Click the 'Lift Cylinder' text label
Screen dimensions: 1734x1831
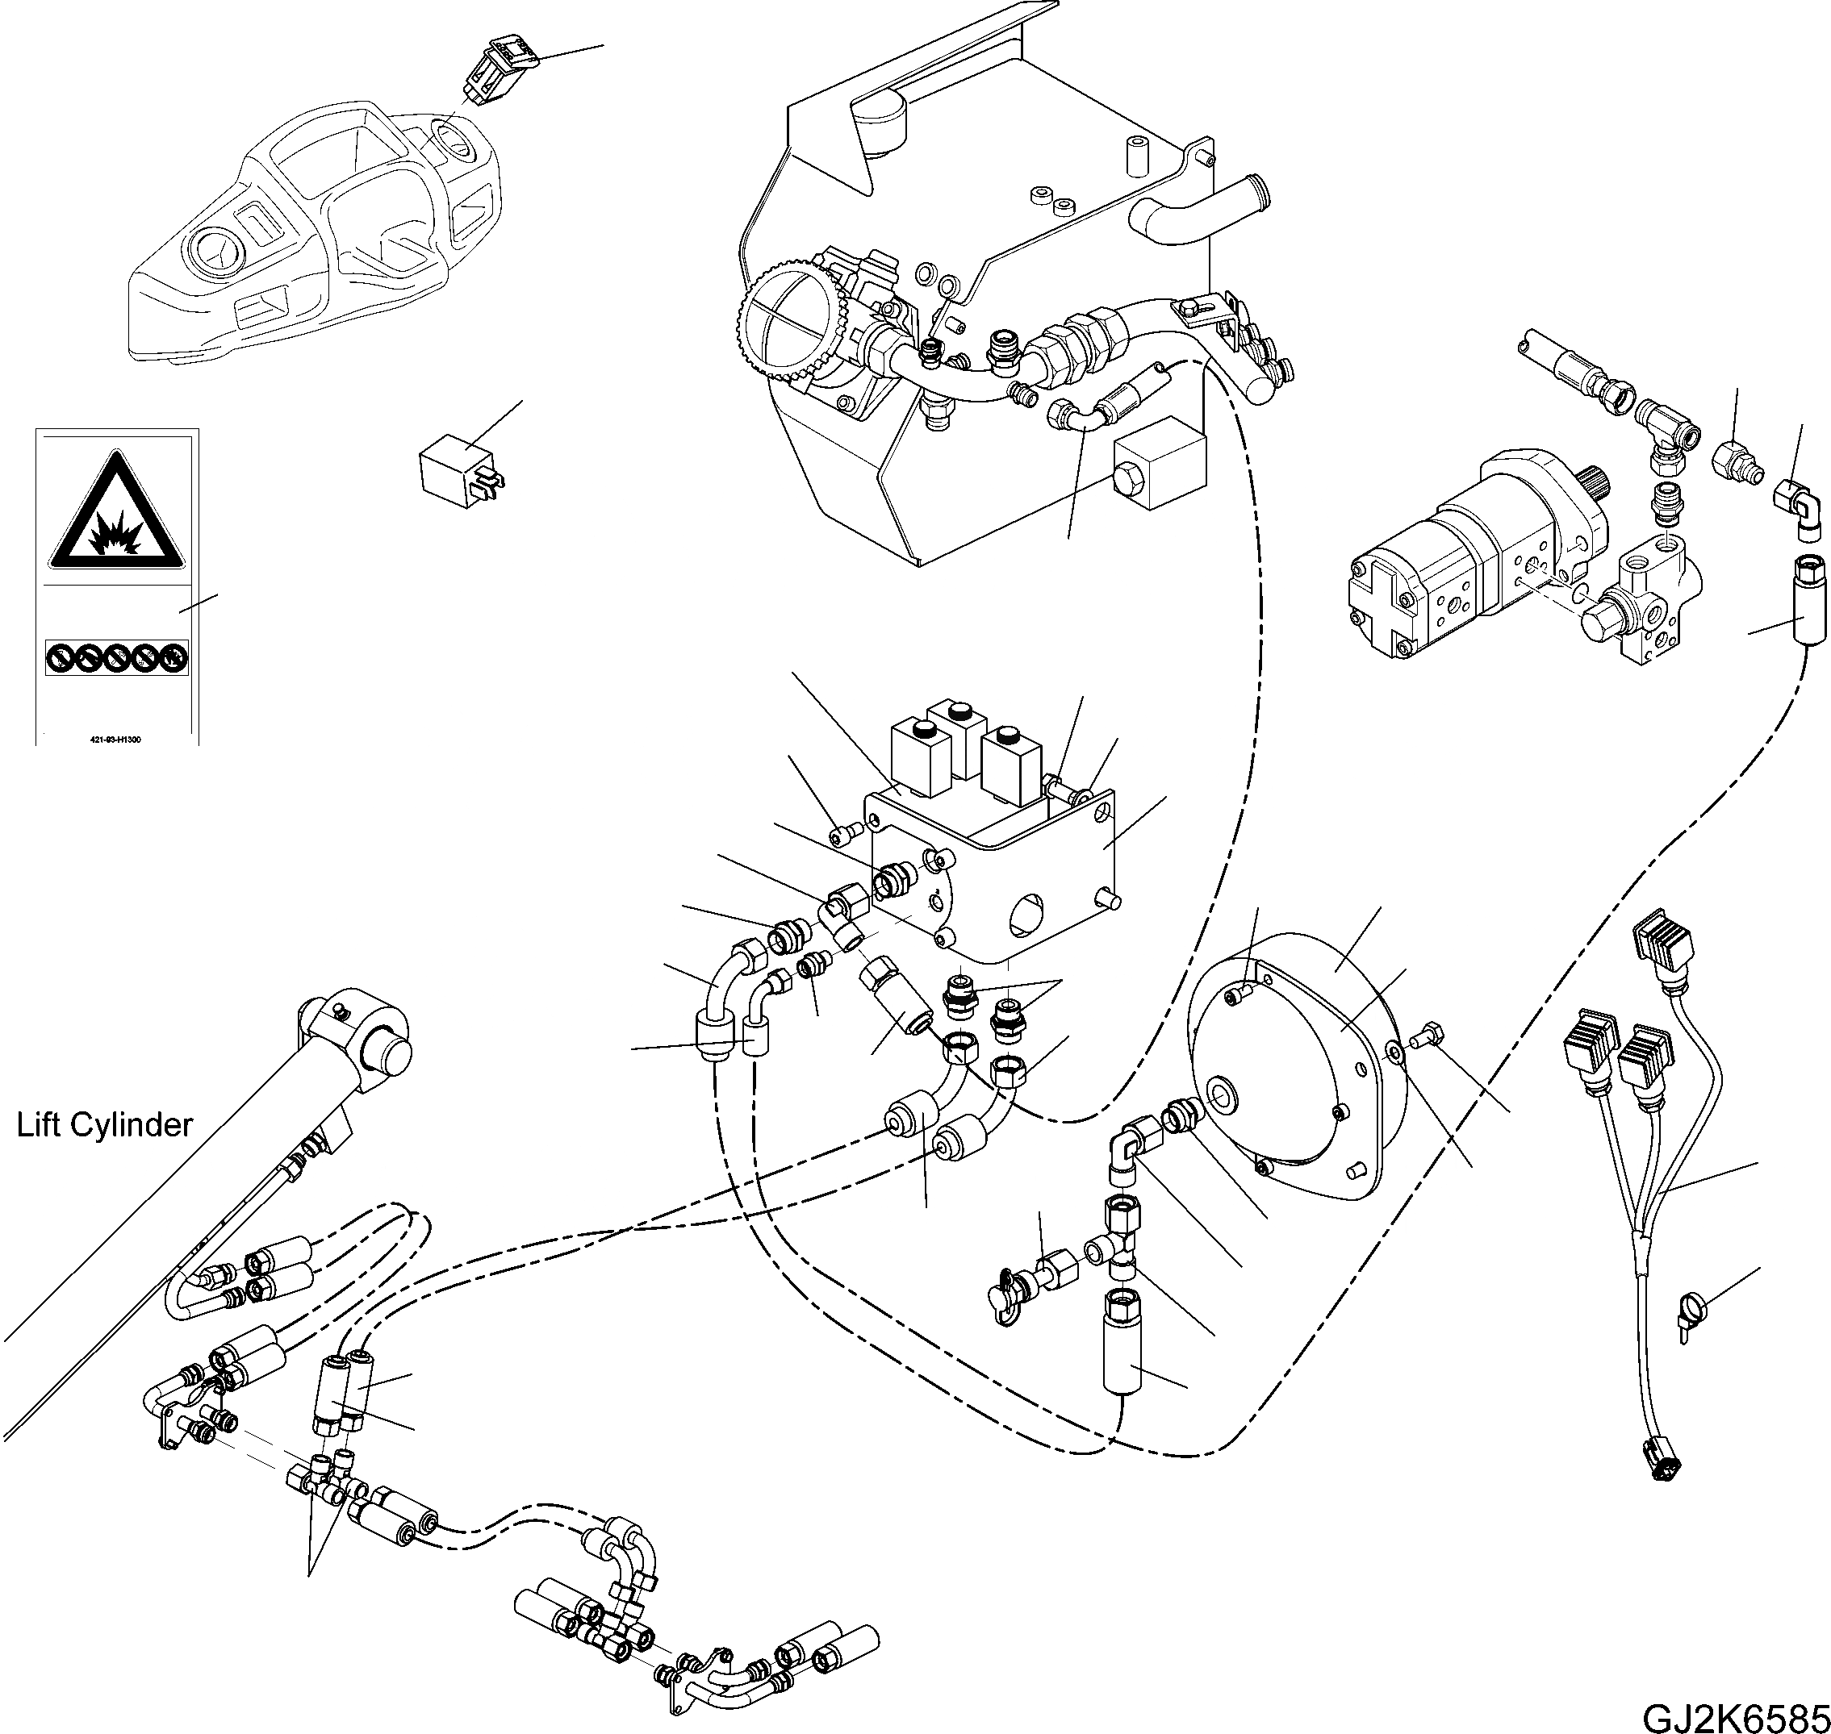click(104, 1125)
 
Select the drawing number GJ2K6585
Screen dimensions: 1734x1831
click(1736, 1715)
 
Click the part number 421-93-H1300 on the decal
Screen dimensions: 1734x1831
click(116, 740)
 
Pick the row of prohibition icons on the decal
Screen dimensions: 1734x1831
click(116, 658)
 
